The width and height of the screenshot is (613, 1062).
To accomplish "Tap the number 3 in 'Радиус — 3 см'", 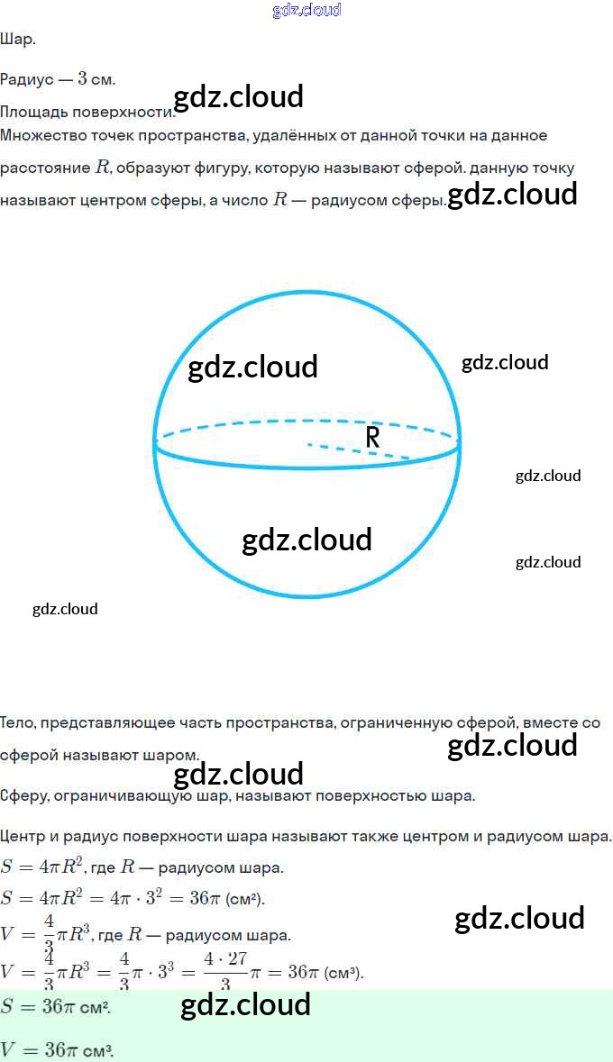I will point(82,78).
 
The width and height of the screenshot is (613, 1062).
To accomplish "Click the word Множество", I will point(40,135).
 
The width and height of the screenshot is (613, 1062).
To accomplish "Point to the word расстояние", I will point(44,168).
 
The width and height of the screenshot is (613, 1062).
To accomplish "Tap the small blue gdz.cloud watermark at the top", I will point(306,10).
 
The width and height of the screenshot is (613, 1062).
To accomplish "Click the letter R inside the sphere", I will point(372,438).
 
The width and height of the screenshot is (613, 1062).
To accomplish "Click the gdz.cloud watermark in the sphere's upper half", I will point(252,367).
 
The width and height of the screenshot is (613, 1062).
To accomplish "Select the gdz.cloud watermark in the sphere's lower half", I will point(306,540).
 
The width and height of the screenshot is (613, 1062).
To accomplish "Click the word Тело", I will point(18,722).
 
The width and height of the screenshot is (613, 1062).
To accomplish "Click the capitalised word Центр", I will point(23,837).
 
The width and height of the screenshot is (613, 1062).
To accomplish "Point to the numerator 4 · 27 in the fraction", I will point(225,958).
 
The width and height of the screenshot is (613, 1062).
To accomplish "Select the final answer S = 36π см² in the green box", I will point(56,1008).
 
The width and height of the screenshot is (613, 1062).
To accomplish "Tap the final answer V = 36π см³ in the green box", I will point(58,1050).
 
